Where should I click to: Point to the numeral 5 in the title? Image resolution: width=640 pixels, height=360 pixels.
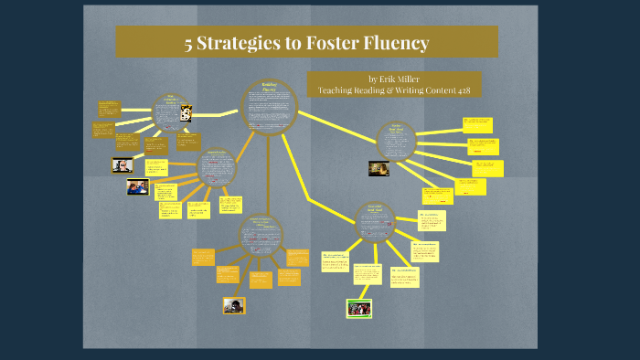coord(187,42)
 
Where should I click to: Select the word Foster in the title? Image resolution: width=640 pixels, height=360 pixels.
coord(319,42)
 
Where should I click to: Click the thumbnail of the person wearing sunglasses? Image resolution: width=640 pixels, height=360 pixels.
coord(123,165)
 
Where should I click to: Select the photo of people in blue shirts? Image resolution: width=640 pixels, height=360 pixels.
coord(138,186)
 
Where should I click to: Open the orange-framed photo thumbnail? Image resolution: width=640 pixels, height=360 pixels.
coord(234,304)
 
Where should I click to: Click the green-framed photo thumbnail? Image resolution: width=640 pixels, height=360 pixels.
coord(358,307)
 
